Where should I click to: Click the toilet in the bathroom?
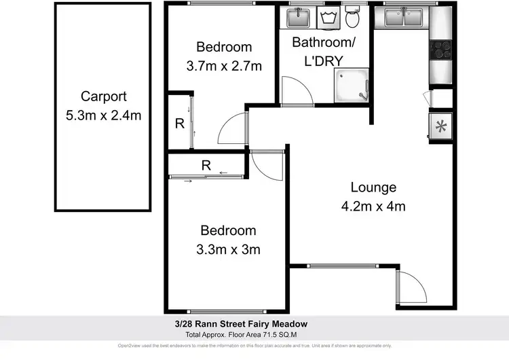point(352,17)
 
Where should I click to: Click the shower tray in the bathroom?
point(351,86)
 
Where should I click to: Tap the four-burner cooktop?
point(441,50)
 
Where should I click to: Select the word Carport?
point(103,96)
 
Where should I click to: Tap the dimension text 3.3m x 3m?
point(224,249)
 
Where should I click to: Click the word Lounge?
point(373,187)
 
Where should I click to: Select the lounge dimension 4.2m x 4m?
point(373,206)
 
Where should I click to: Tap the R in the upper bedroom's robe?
point(179,124)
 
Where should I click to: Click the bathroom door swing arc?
point(294,88)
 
